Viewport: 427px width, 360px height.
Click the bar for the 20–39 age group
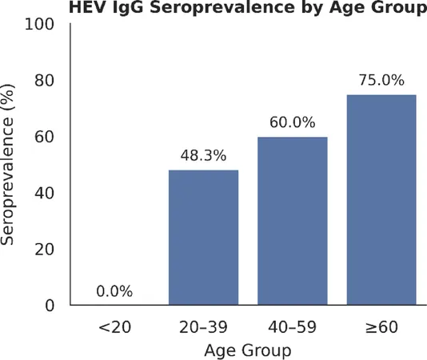click(203, 238)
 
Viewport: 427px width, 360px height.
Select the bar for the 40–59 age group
click(293, 221)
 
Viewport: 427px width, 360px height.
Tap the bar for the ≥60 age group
click(381, 200)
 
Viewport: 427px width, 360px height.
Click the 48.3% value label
click(203, 156)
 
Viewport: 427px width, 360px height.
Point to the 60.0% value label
click(293, 122)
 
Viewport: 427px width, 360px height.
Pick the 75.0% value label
click(381, 80)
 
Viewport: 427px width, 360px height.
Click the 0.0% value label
click(114, 291)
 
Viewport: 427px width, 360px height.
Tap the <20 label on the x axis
click(114, 327)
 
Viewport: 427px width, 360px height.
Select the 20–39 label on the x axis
click(203, 327)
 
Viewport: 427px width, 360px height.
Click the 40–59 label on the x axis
click(292, 327)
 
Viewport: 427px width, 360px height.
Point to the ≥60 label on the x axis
click(381, 327)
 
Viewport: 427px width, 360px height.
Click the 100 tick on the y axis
click(39, 25)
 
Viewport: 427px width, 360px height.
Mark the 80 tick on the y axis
click(45, 81)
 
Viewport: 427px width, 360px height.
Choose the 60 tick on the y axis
click(45, 137)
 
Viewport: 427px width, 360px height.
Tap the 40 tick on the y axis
click(45, 194)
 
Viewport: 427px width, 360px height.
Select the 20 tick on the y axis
click(45, 250)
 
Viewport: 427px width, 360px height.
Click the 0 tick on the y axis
click(50, 306)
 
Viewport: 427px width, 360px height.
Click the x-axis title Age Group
click(248, 350)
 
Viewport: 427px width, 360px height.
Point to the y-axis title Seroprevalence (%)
click(7, 164)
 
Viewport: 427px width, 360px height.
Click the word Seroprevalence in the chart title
click(222, 8)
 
